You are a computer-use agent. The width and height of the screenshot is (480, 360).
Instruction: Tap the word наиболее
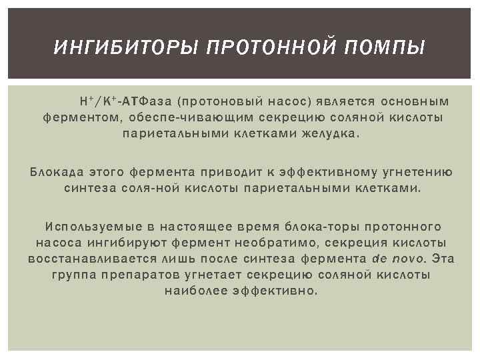coord(193,291)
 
